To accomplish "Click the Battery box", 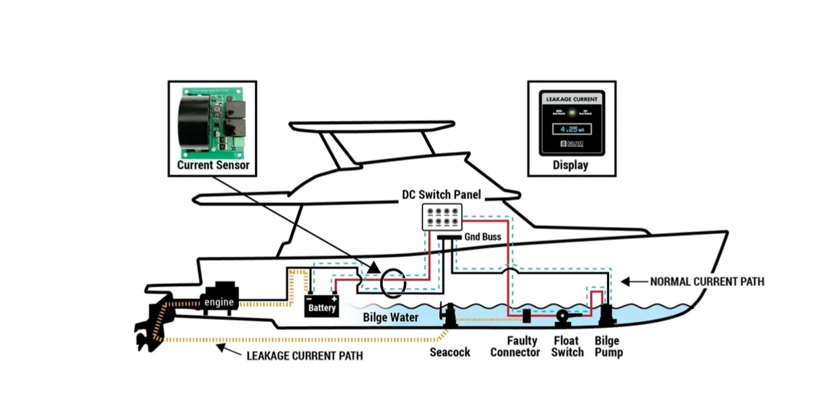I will pos(322,307).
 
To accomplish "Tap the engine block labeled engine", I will pos(219,302).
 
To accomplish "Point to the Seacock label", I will pos(450,352).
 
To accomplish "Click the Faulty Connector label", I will pos(515,346).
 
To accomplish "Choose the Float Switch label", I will pos(567,346).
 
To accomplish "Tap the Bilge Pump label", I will pos(608,346).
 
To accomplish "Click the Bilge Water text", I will pos(390,317).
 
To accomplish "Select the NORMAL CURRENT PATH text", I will pos(706,281).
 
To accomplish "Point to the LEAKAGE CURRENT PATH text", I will pos(304,355).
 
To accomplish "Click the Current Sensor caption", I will pos(213,165).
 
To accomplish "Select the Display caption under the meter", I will pos(570,165).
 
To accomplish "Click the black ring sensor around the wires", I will pos(392,283).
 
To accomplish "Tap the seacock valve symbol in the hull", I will pos(447,315).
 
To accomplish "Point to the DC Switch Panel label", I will pos(441,195).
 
